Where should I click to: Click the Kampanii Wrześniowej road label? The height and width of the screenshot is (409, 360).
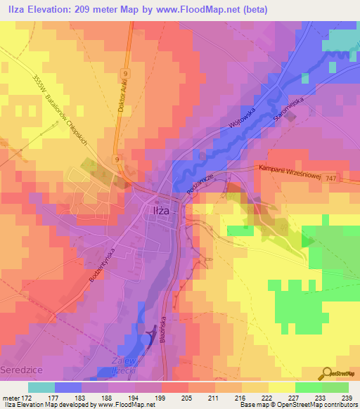click(x=289, y=172)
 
